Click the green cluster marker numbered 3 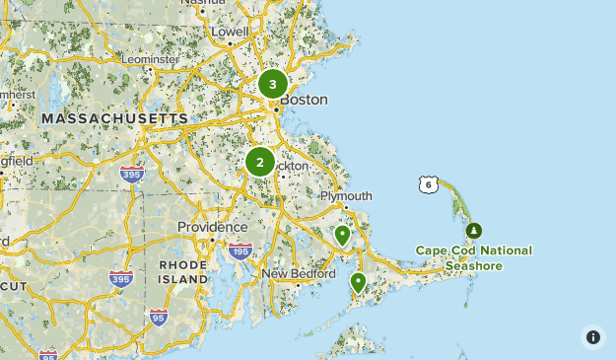coord(273,84)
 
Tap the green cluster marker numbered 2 coord(260,162)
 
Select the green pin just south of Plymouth coord(342,235)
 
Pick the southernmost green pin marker coord(358,282)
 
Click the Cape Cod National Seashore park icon coord(474,231)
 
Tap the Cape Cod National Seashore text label coord(473,258)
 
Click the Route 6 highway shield coord(428,184)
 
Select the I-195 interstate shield coord(239,252)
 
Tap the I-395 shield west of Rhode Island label coord(121,278)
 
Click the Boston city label coord(304,100)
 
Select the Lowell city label coord(231,32)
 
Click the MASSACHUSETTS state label coord(114,118)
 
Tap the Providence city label coord(212,227)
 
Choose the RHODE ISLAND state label coord(183,272)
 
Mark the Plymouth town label coord(346,196)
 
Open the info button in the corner coord(592,337)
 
